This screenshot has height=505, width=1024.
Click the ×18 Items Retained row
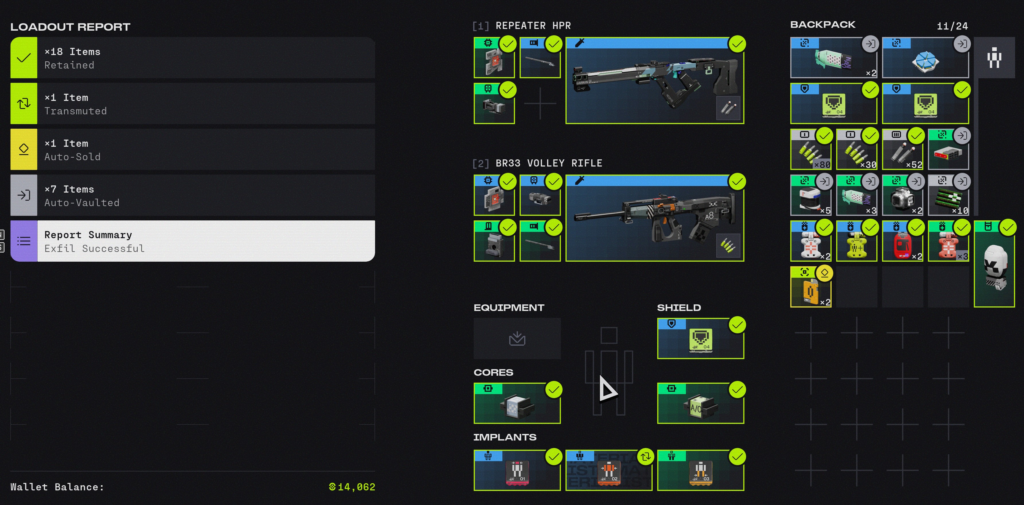tap(192, 58)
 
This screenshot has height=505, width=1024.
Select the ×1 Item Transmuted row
tap(192, 104)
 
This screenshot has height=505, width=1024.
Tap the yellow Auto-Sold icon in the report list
tap(24, 149)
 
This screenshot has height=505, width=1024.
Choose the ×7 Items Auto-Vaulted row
tap(192, 195)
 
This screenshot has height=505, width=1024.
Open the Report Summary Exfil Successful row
tap(192, 241)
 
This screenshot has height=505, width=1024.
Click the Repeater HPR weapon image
tap(655, 81)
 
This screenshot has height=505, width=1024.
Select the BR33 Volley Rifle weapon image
tap(655, 218)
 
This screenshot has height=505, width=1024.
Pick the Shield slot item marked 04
tap(701, 338)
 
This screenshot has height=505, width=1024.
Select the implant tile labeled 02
tap(608, 470)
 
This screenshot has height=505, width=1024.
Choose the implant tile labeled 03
tap(701, 470)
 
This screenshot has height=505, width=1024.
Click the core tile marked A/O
tap(701, 403)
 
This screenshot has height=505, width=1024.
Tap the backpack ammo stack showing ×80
tap(811, 149)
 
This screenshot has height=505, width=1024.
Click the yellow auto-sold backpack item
tap(811, 287)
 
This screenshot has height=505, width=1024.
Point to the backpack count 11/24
tap(952, 26)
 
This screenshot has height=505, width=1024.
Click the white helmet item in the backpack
tap(994, 264)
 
